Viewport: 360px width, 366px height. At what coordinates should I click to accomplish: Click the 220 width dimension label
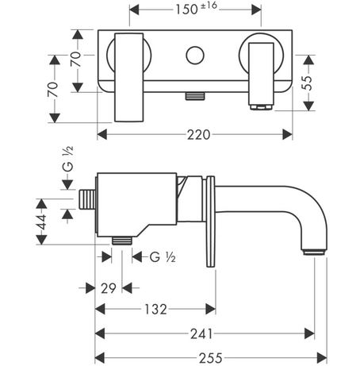click(x=199, y=135)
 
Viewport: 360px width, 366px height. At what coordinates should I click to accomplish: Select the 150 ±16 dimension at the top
click(x=196, y=9)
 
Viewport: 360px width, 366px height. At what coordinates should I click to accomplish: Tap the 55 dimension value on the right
click(x=308, y=83)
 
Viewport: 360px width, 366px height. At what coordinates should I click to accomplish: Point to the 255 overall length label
click(x=211, y=358)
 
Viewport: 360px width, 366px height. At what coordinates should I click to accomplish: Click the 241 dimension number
click(x=201, y=334)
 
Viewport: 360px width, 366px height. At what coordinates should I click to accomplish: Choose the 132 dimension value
click(x=155, y=309)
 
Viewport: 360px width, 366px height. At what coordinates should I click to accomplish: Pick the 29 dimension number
click(x=109, y=288)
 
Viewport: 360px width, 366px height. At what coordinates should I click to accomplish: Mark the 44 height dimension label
click(x=41, y=222)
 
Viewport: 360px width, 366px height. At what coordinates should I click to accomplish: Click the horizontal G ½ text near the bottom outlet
click(x=163, y=257)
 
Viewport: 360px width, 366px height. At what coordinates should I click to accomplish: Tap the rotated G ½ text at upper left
click(x=68, y=159)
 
